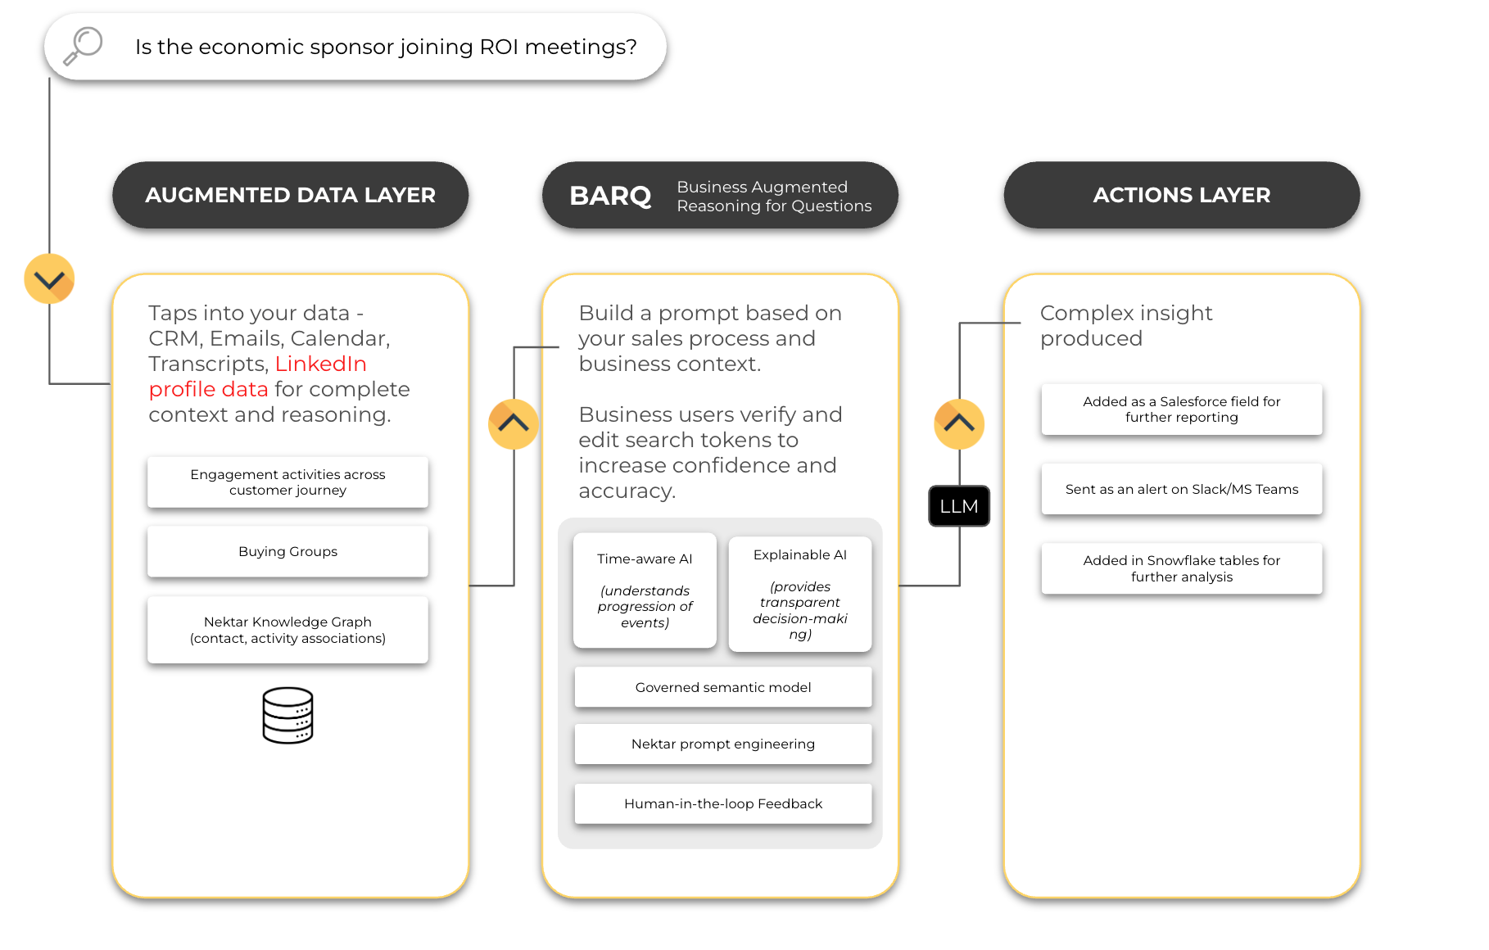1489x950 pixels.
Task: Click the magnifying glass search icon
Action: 83,45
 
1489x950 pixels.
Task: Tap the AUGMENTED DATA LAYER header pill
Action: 290,195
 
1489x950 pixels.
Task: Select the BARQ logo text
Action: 610,196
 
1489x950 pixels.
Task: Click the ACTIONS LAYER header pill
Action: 1181,195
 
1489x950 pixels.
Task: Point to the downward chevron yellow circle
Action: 49,279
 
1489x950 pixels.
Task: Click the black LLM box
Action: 959,506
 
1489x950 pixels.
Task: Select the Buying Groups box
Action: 287,552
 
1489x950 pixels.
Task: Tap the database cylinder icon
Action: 287,715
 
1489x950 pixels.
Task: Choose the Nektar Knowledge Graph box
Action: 287,630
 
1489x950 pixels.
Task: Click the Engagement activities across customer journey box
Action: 287,482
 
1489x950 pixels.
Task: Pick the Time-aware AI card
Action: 645,590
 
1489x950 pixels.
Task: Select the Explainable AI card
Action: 799,594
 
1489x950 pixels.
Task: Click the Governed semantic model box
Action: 722,687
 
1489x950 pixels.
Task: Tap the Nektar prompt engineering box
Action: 722,744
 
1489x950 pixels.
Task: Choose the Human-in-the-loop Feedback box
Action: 722,803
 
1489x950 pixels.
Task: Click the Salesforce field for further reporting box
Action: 1181,409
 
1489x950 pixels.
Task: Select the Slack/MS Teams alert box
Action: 1181,489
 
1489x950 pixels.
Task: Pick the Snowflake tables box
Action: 1181,568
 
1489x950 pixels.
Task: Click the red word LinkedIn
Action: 320,364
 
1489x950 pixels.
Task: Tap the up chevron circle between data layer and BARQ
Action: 514,423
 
